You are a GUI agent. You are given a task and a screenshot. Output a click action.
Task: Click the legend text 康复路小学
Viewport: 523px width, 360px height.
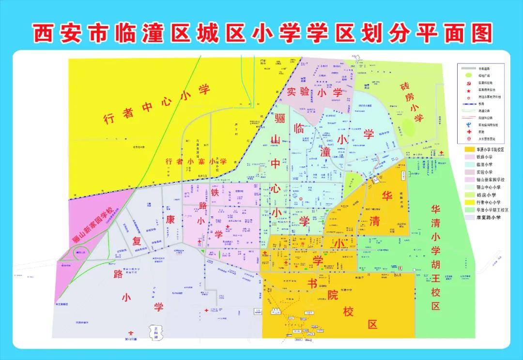[489, 218]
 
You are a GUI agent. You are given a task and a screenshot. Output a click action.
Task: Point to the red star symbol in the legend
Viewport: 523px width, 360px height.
[467, 90]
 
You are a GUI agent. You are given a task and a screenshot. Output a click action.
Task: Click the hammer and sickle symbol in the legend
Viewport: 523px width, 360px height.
[467, 83]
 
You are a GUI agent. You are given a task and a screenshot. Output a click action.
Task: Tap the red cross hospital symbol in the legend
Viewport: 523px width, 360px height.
[467, 132]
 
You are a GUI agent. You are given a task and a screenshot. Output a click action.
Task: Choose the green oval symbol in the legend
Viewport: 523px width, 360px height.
[467, 75]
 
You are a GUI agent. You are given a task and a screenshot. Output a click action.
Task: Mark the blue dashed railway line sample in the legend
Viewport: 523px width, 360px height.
[468, 104]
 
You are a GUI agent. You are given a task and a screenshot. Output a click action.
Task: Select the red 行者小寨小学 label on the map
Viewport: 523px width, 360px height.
[196, 161]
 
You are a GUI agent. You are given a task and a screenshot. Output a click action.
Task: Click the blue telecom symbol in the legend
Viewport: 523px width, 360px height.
[467, 124]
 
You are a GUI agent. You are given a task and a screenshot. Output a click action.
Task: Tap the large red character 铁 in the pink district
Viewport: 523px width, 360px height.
[215, 192]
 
